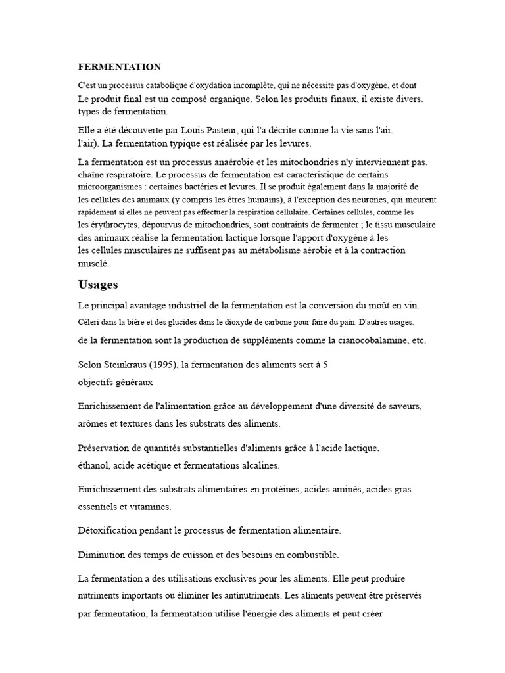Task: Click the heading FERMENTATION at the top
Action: coord(119,67)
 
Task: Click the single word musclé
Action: coord(93,263)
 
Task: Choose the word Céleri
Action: coord(89,322)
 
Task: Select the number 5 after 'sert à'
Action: coord(325,364)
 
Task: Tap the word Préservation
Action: coord(106,448)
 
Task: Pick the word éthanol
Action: coord(93,465)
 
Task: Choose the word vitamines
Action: coord(151,507)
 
